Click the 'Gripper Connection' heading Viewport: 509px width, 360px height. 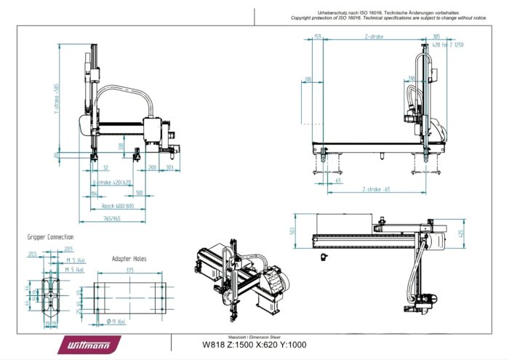click(50, 237)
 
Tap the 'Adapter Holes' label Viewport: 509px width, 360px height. click(130, 259)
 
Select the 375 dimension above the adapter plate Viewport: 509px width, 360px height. click(130, 271)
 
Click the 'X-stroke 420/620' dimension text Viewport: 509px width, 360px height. click(112, 182)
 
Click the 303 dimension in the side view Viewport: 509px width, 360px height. click(169, 167)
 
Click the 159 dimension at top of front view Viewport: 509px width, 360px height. click(317, 36)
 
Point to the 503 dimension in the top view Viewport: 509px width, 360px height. click(292, 231)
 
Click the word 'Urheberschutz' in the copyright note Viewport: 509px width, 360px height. click(335, 12)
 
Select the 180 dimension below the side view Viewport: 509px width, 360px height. click(138, 193)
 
